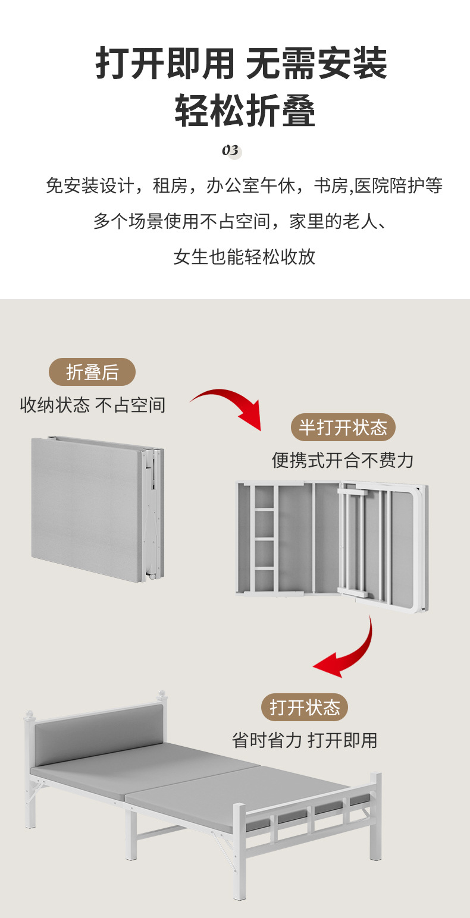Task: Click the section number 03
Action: pyautogui.click(x=231, y=150)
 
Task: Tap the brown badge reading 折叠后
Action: pyautogui.click(x=92, y=372)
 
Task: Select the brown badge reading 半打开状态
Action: pyautogui.click(x=343, y=427)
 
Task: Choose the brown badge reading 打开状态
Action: pyautogui.click(x=305, y=708)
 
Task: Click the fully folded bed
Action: pyautogui.click(x=97, y=508)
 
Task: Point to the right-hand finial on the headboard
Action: pyautogui.click(x=161, y=695)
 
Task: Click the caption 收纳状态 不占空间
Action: pyautogui.click(x=93, y=405)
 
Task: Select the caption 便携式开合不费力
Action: pyautogui.click(x=343, y=460)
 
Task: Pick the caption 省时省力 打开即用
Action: pyautogui.click(x=305, y=740)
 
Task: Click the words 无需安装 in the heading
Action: pyautogui.click(x=316, y=64)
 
